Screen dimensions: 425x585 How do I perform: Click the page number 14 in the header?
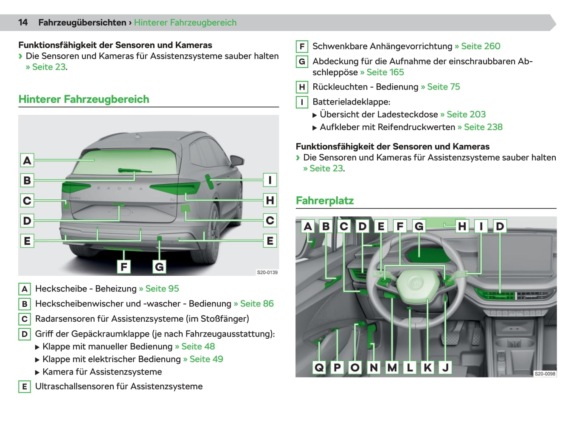(23, 23)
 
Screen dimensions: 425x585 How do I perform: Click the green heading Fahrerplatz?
(325, 201)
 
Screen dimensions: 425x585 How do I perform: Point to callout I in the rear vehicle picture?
(270, 180)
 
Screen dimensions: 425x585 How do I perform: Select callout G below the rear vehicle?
(159, 267)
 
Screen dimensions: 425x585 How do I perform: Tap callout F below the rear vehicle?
(124, 267)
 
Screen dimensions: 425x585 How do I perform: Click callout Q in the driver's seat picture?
(319, 367)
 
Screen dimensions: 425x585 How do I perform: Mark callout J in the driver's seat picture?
(445, 367)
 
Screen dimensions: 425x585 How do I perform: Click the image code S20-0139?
(267, 272)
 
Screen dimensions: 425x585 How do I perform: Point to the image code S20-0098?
(545, 374)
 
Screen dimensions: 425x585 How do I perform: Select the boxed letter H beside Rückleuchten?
(302, 87)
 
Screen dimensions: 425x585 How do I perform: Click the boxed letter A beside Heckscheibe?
(25, 289)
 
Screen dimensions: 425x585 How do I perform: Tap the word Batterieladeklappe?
(351, 102)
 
